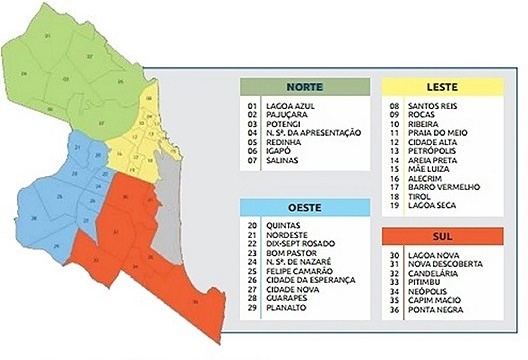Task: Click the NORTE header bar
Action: pos(303,86)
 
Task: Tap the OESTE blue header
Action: pos(303,207)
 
